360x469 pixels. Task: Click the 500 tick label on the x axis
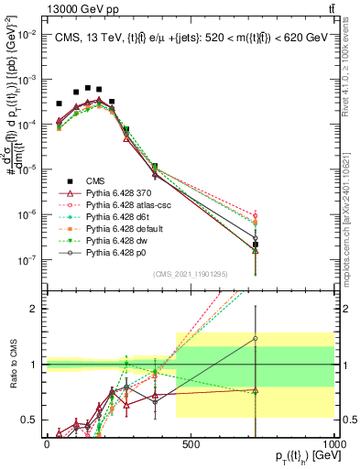tap(191, 442)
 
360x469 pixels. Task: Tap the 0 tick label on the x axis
tap(47, 442)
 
